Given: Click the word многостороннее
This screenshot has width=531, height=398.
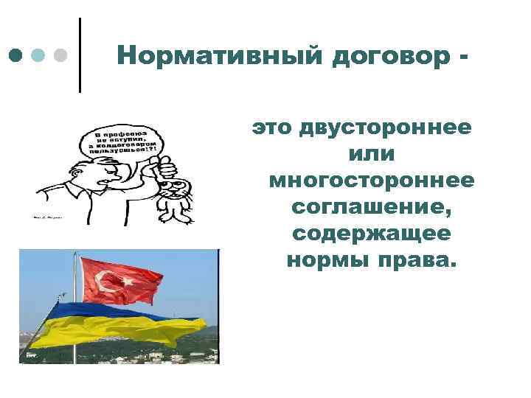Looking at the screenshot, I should [x=372, y=181].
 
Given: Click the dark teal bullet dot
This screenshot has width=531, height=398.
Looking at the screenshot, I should [x=16, y=55].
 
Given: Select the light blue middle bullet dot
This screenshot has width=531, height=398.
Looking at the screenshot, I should [x=39, y=55].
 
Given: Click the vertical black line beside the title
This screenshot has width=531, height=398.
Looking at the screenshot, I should [x=79, y=55].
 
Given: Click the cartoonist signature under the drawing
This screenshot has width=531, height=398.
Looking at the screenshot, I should [x=46, y=218].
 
